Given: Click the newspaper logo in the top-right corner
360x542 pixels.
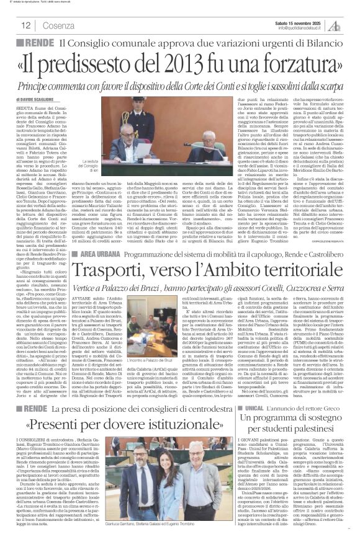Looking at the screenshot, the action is [x=345, y=25].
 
